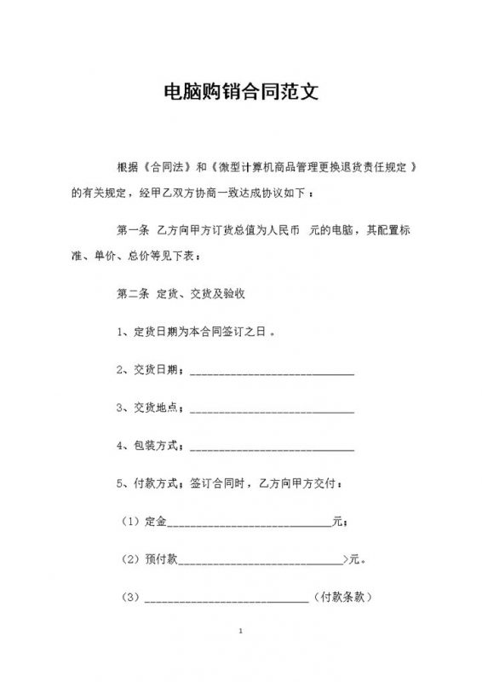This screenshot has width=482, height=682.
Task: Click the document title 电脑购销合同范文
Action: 241,92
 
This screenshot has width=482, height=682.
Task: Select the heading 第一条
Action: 132,230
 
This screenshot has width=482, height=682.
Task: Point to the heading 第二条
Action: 132,294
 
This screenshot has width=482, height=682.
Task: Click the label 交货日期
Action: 153,369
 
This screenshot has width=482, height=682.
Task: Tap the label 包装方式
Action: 153,446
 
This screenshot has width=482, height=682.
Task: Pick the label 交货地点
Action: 153,407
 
